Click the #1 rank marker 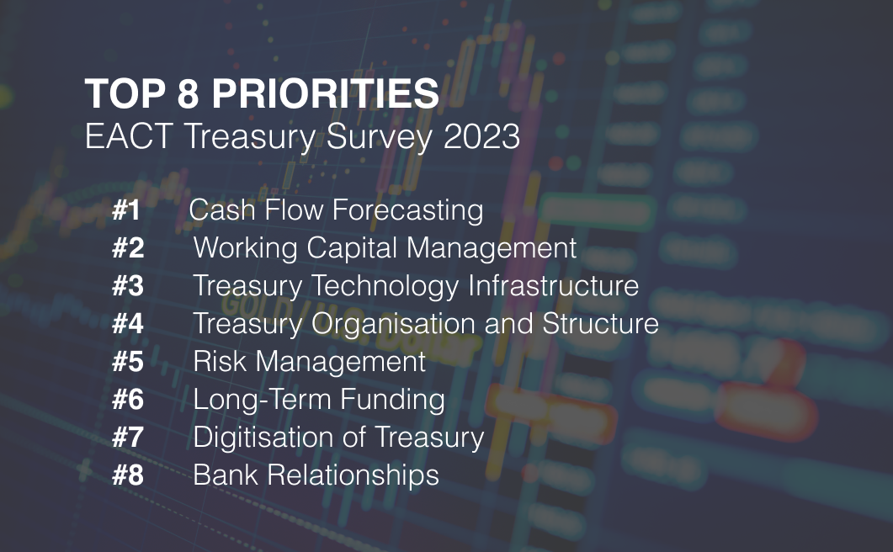126,210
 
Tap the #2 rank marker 128,248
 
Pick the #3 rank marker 128,286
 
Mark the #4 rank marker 128,324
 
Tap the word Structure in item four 600,324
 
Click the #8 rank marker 128,475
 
